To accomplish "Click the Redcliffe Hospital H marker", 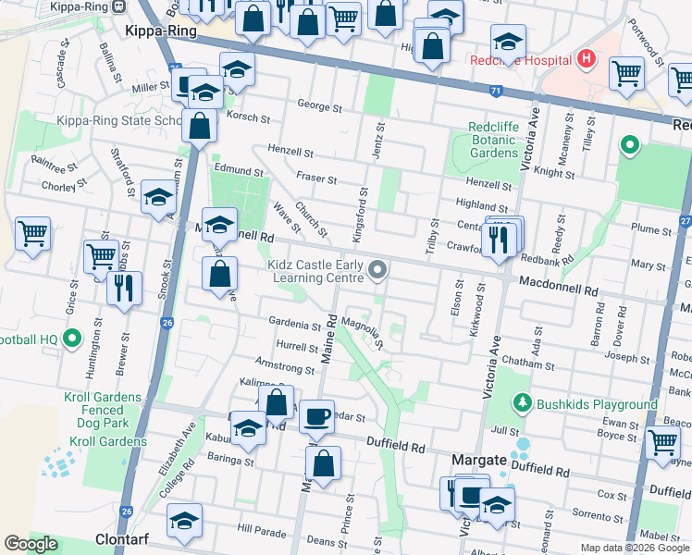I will coord(585,60).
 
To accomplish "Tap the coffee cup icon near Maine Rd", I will coord(317,417).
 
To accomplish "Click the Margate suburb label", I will coord(478,459).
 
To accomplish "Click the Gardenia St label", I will coord(295,325).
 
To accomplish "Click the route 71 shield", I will coord(497,91).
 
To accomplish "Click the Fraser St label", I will coord(315,177).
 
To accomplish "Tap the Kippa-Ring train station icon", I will coord(119,6).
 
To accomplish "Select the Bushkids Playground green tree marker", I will coord(524,404).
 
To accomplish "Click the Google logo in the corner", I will coord(31,545).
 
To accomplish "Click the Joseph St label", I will coord(628,357).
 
